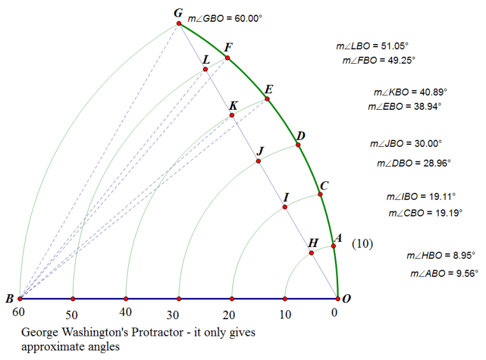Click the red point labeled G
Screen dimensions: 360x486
pos(180,24)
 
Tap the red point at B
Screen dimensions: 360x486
pos(20,298)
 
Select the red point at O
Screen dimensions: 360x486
pos(338,298)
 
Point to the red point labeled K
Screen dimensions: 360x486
pos(232,116)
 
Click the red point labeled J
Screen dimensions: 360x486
pos(258,161)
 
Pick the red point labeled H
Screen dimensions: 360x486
pos(311,253)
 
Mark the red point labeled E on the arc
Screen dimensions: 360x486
pos(267,99)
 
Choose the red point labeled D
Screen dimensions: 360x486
pos(298,146)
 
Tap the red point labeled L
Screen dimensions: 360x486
pos(205,69)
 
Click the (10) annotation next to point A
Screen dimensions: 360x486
pos(362,243)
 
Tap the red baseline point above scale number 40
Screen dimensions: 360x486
pos(126,298)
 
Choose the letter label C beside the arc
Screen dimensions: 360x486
pos(324,186)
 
